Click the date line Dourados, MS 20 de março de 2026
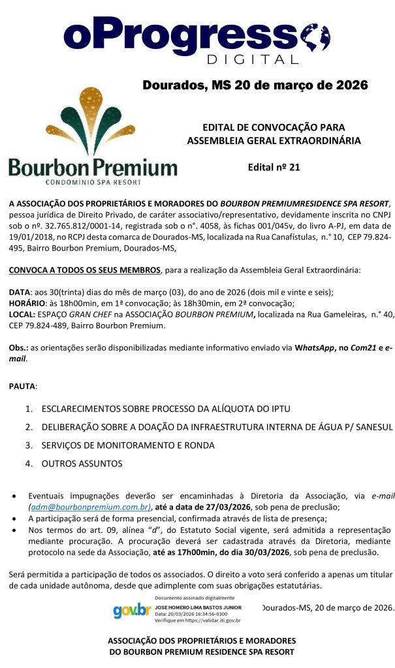[x=255, y=85]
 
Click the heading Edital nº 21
[x=274, y=167]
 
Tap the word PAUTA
[x=22, y=386]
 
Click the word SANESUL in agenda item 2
[x=370, y=427]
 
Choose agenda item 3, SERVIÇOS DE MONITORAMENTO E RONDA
[x=128, y=446]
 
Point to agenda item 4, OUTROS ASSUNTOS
[x=82, y=464]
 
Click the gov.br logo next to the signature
[x=131, y=611]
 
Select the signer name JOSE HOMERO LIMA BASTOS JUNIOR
[x=198, y=607]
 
